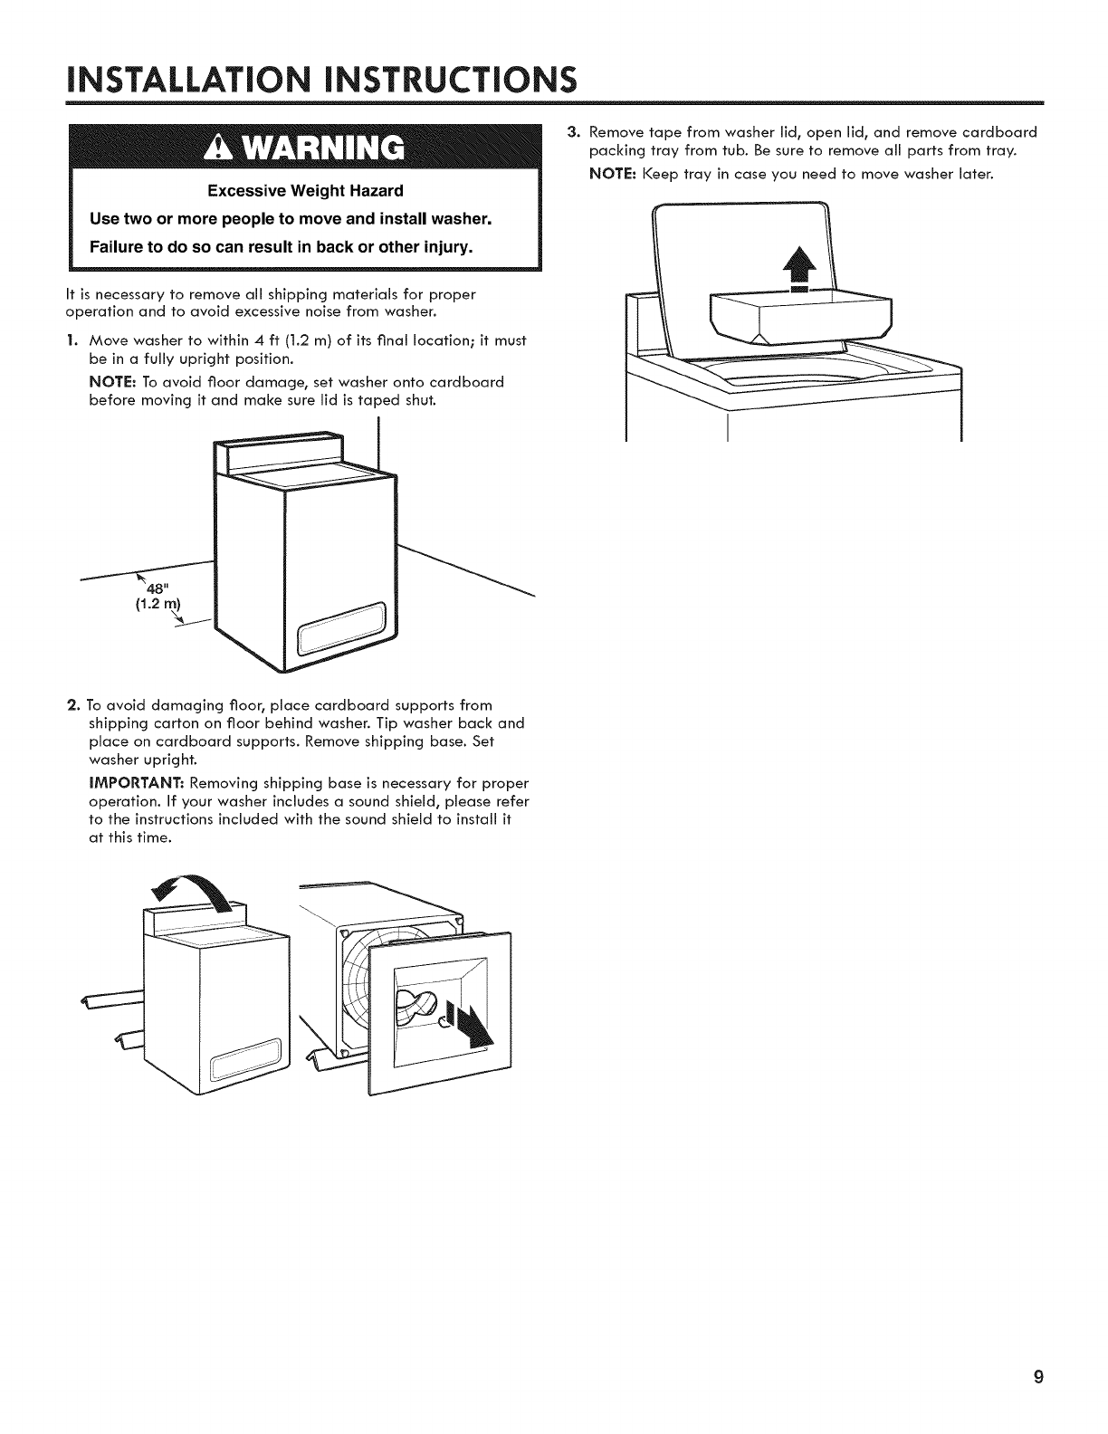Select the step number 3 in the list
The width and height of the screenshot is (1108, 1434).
(572, 132)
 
